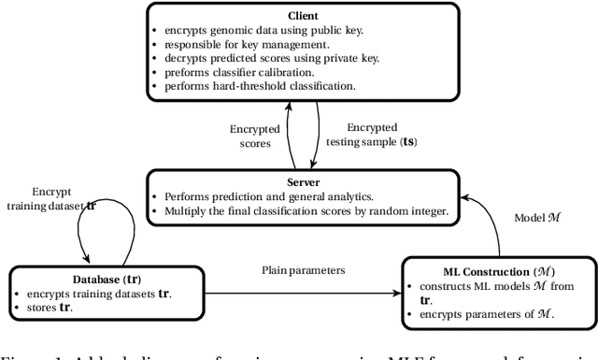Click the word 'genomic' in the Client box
coord(257,30)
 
